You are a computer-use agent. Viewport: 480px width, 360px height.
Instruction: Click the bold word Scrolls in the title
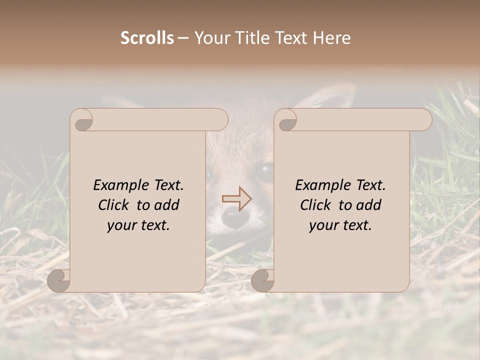coord(147,38)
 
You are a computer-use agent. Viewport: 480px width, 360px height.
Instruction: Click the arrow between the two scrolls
coord(237,199)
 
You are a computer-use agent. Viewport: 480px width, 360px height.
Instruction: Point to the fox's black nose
coord(232,216)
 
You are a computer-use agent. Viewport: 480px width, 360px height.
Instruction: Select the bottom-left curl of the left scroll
coord(58,280)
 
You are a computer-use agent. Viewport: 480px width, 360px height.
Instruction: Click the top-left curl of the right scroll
coord(286,120)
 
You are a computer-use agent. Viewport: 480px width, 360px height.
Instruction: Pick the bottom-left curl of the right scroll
coord(262,280)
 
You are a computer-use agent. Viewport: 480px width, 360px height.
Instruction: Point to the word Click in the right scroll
coord(316,205)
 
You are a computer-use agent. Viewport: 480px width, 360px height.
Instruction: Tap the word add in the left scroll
coord(167,205)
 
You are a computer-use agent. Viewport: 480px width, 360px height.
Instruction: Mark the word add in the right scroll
coord(369,205)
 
